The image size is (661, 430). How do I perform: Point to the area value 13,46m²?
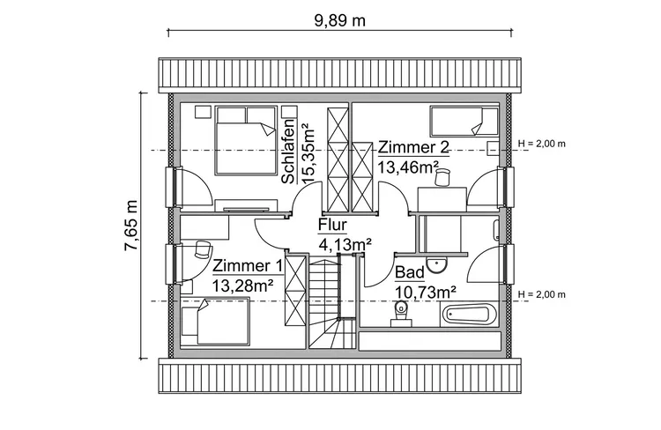408,165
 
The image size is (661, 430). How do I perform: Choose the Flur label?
332,226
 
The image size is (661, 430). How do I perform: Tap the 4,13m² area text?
345,243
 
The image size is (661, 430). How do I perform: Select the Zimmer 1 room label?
248,266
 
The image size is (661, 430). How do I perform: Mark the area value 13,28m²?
242,285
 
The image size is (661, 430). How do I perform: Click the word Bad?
409,272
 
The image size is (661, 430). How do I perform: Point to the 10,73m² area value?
425,291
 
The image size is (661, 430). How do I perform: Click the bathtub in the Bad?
471,313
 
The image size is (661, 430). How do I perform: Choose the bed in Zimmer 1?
216,322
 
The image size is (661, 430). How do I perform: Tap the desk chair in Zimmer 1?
203,250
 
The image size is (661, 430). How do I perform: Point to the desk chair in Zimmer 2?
442,177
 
